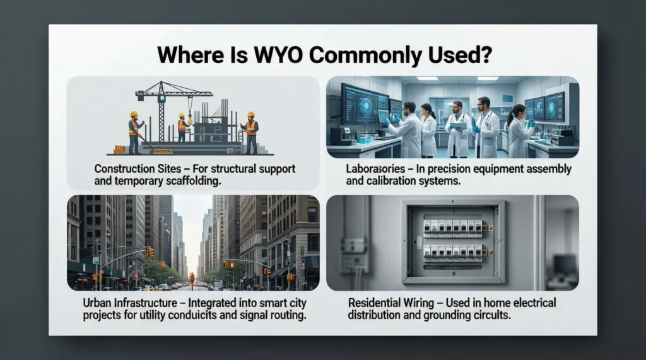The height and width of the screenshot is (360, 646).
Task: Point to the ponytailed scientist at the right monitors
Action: click(x=517, y=129)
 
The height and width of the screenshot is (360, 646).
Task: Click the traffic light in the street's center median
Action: click(x=192, y=278)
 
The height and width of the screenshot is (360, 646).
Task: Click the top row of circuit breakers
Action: click(x=453, y=225)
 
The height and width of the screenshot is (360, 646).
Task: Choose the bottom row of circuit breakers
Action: click(x=453, y=252)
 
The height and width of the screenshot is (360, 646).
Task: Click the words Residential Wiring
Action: click(x=390, y=303)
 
